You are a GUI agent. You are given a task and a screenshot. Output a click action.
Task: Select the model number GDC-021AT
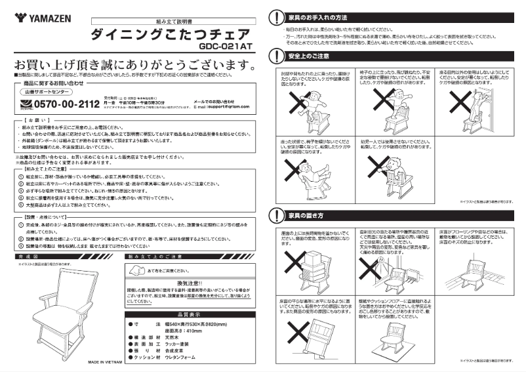click(x=223, y=47)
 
